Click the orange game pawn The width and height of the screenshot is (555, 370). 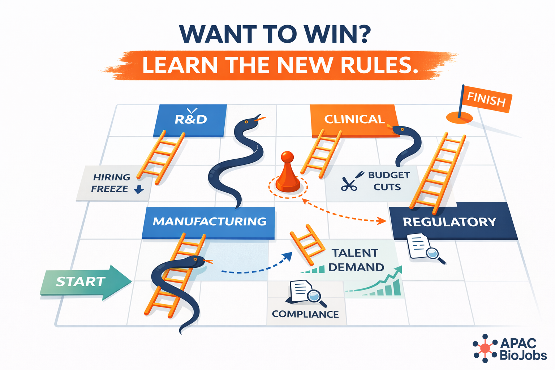point(288,173)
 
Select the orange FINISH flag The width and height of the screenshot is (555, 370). point(486,99)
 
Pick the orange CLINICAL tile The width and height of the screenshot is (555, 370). point(354,120)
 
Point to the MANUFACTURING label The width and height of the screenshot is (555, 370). point(209,221)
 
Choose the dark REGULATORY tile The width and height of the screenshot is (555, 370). point(449,222)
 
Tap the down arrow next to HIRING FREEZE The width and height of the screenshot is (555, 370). point(139,189)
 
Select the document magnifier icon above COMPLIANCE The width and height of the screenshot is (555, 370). point(306,292)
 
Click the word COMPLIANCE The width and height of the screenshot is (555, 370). point(305,314)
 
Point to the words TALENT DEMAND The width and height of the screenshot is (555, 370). point(356,260)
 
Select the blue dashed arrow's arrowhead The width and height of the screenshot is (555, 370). point(288,256)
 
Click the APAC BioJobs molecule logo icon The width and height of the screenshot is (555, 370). point(485,348)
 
